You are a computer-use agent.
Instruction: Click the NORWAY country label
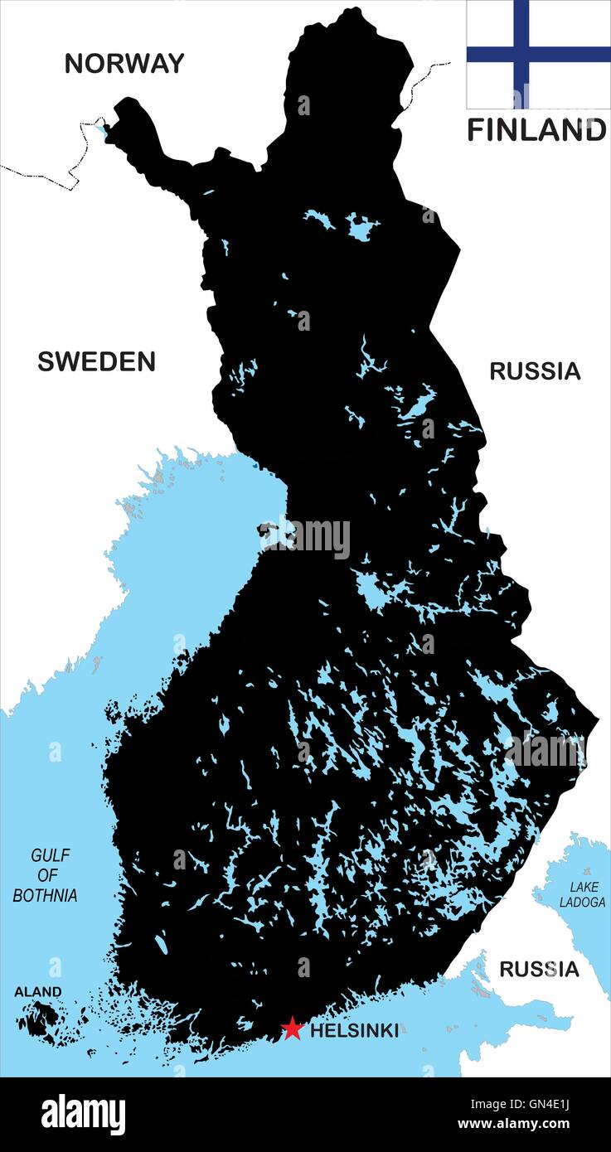[x=124, y=64]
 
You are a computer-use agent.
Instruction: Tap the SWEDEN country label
[x=96, y=361]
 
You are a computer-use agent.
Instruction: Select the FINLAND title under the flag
[x=536, y=130]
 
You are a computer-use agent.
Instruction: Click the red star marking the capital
[x=292, y=1029]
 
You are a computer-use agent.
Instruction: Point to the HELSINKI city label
[x=354, y=1031]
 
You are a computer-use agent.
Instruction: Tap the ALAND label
[x=37, y=991]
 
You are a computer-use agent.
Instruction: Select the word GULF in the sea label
[x=51, y=855]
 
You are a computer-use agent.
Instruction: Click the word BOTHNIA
[x=46, y=895]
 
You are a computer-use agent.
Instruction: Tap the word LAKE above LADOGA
[x=584, y=887]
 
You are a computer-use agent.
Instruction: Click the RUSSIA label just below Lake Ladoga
[x=538, y=969]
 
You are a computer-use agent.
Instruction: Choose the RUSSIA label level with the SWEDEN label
[x=535, y=371]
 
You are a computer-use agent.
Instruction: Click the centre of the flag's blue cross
[x=521, y=55]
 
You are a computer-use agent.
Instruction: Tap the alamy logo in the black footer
[x=83, y=1115]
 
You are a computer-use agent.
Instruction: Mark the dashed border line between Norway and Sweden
[x=50, y=176]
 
